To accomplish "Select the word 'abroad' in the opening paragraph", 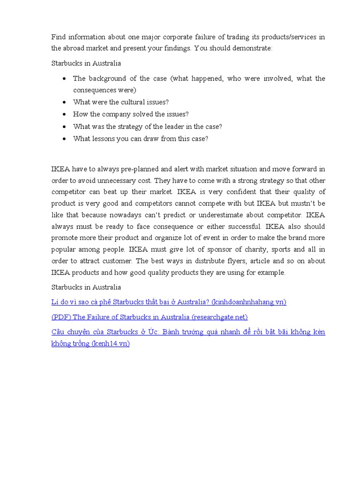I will (x=75, y=48).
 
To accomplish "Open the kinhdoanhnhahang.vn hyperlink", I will (x=169, y=302).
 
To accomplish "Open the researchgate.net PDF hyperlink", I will (x=150, y=317).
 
